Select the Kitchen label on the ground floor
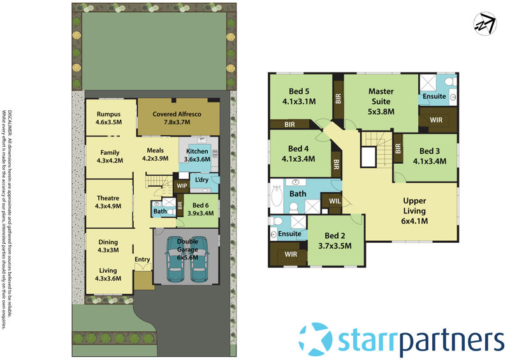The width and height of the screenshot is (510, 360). [196, 155]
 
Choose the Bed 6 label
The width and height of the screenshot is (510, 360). [200, 209]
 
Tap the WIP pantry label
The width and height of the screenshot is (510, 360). [181, 185]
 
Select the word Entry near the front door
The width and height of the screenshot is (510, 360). [142, 259]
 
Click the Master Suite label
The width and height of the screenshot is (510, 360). [381, 101]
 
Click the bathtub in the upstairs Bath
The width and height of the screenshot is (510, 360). [277, 198]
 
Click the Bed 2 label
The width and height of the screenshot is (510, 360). [335, 240]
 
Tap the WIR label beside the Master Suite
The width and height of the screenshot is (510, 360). [437, 119]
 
